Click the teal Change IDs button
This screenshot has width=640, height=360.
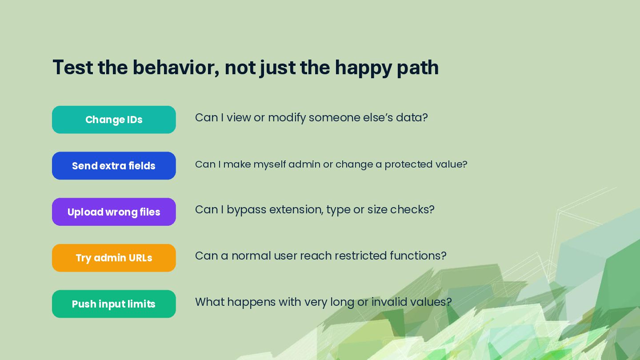tap(114, 120)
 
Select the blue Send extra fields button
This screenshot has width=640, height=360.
tap(114, 166)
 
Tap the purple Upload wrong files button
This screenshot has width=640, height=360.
tap(114, 212)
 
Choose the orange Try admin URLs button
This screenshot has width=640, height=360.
tap(114, 258)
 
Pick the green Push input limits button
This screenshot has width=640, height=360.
tap(114, 304)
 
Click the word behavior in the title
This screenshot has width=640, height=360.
tap(176, 68)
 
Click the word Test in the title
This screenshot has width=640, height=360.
tap(73, 68)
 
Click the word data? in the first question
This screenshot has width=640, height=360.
tap(412, 117)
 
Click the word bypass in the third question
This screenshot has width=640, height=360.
tap(246, 210)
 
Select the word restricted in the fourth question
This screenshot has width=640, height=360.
tap(360, 256)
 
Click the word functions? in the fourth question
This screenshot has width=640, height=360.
tap(418, 256)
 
